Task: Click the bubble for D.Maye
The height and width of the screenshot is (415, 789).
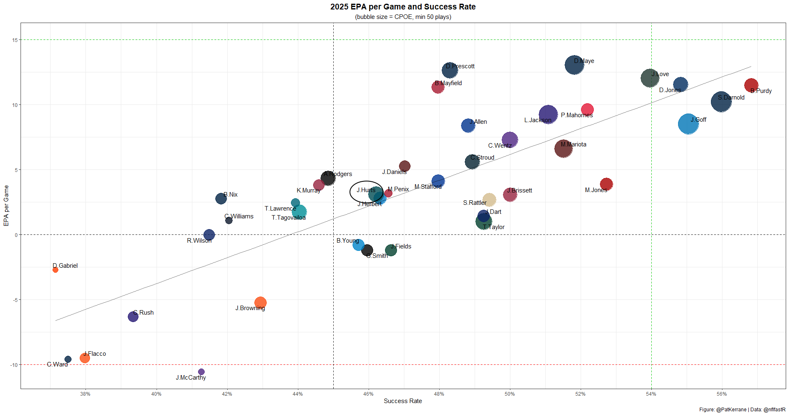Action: [x=574, y=65]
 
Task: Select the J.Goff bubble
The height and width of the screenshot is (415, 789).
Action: [x=688, y=124]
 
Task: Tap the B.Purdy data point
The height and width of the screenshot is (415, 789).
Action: [x=751, y=85]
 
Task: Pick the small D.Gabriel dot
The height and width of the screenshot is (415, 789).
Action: [x=55, y=270]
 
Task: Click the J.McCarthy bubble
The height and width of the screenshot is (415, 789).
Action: [x=201, y=372]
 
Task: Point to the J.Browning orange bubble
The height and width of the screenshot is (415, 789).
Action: [x=260, y=303]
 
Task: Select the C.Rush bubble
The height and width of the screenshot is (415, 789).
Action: [x=133, y=317]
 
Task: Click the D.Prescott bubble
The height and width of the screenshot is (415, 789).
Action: [x=450, y=70]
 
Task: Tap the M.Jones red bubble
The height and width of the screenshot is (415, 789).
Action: [x=606, y=184]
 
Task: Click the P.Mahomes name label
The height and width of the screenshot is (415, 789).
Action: [x=577, y=115]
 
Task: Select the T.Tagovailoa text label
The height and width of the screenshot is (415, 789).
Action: [x=288, y=218]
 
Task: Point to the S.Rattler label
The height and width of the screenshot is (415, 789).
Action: [x=475, y=203]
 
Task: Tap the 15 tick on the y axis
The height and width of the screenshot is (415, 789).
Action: [x=15, y=40]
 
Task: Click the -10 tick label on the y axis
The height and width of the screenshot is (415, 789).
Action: [x=14, y=365]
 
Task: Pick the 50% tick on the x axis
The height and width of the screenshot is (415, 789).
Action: [x=510, y=394]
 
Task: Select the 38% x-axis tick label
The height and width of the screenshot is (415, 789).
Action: [x=85, y=394]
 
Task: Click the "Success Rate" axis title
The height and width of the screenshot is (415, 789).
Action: [x=403, y=401]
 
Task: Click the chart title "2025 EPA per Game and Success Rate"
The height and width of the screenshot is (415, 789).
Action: [x=403, y=7]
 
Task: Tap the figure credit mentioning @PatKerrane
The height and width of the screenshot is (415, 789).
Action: [x=742, y=410]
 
